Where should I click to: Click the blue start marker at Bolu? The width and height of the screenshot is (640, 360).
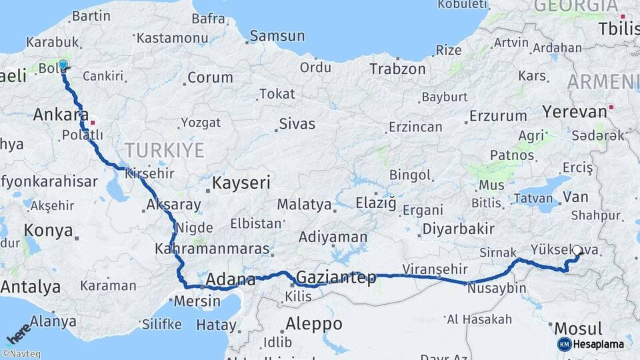[63, 65]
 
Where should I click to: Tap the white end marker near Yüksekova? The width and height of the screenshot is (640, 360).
[577, 251]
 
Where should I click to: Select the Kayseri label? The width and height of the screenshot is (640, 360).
[241, 183]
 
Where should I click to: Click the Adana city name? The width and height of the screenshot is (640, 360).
[231, 279]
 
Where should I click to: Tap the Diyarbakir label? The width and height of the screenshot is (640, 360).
[458, 229]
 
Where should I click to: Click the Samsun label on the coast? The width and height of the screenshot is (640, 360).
[277, 36]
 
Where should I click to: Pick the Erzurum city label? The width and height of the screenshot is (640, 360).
[497, 115]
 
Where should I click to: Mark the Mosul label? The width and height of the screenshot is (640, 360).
[578, 329]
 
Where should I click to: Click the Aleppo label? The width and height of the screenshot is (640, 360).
[314, 325]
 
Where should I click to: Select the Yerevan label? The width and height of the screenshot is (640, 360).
[574, 111]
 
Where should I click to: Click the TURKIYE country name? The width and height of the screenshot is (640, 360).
[164, 150]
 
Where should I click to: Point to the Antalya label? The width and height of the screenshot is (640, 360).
[31, 287]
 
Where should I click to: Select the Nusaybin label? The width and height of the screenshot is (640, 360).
[497, 289]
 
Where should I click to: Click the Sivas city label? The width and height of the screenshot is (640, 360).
[297, 124]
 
